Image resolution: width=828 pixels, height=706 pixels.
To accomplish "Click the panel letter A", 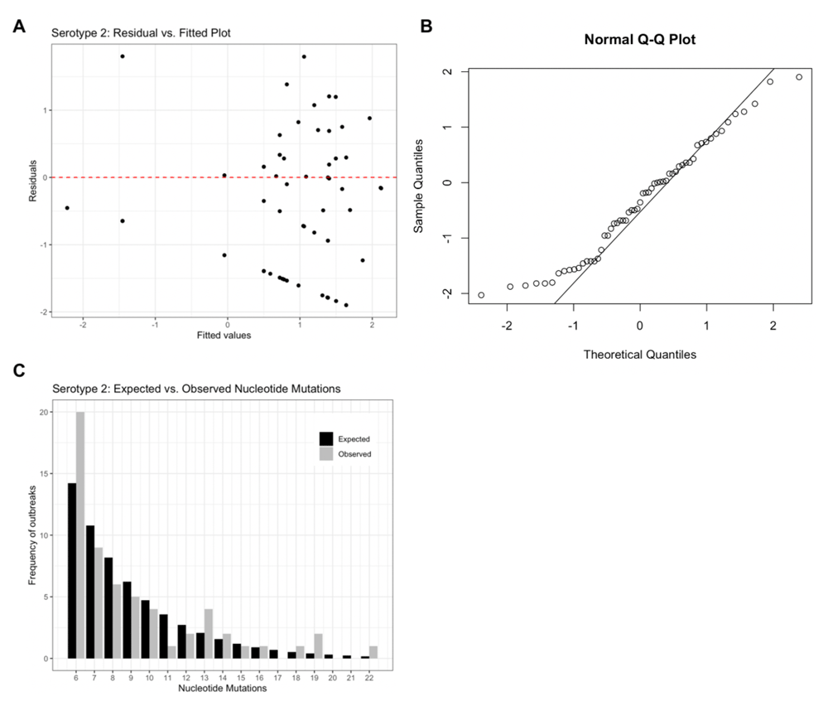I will [x=18, y=27].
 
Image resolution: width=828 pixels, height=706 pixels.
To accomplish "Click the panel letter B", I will [x=426, y=27].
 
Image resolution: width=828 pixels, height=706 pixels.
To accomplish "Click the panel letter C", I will [x=18, y=370].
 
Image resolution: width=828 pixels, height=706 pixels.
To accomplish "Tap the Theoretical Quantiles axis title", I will [x=640, y=355].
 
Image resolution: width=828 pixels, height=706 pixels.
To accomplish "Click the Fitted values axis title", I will [x=224, y=336].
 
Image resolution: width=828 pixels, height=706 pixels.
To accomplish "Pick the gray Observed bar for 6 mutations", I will [x=80, y=534].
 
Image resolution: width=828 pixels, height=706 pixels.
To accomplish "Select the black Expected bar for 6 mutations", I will [x=72, y=570].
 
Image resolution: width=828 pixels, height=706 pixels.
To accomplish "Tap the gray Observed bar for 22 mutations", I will [x=373, y=652].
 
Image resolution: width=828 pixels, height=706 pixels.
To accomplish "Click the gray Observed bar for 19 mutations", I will [x=319, y=646].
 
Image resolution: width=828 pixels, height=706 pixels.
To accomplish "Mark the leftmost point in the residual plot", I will [x=67, y=208].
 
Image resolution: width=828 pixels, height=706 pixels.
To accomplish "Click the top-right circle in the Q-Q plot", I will [x=799, y=77].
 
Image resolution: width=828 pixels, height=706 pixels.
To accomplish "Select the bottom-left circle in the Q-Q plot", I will [x=481, y=295].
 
